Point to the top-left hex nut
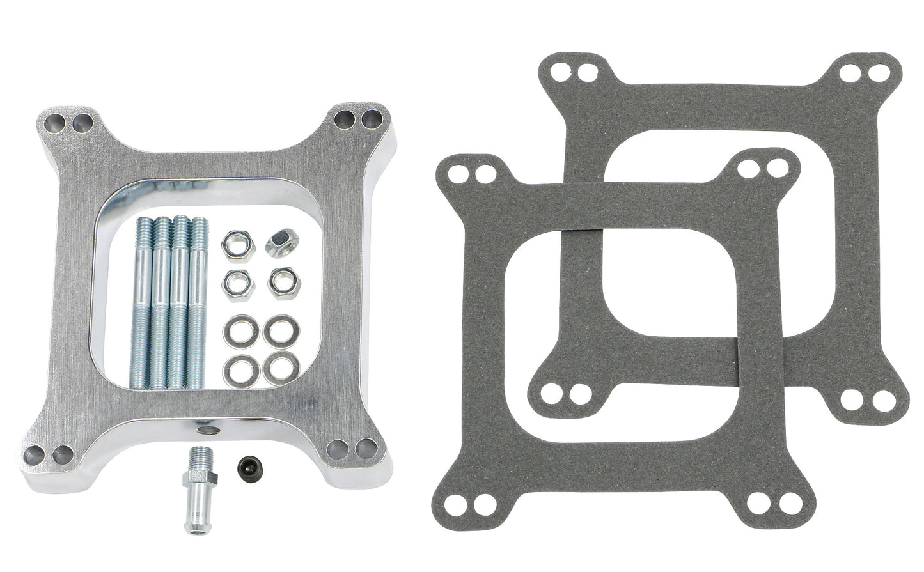pyautogui.click(x=237, y=246)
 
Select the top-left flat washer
pyautogui.click(x=237, y=330)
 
